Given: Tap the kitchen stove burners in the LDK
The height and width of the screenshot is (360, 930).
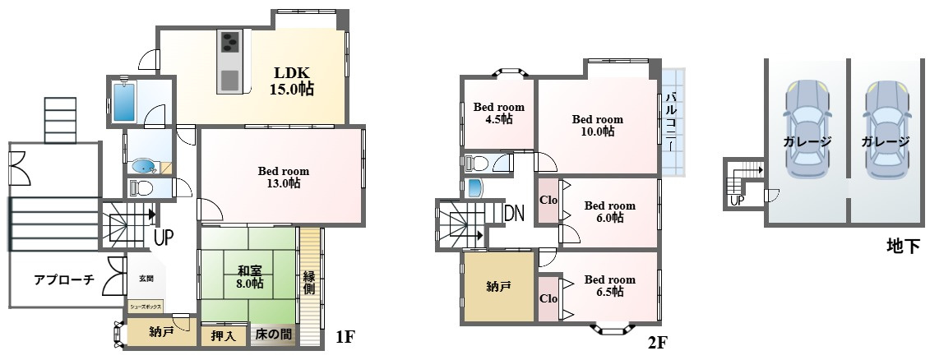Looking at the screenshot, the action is tap(229, 43).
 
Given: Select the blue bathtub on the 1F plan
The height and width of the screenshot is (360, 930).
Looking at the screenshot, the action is tap(124, 101).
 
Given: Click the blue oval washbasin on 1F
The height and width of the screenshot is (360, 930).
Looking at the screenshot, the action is tap(143, 167).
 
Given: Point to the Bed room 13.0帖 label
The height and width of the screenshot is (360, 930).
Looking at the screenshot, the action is tap(283, 177).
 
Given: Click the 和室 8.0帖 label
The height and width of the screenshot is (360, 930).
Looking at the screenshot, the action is tap(248, 276).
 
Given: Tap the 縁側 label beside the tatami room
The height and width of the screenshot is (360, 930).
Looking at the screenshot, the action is tap(309, 284).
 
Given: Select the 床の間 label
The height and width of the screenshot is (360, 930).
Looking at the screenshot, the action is tap(274, 335).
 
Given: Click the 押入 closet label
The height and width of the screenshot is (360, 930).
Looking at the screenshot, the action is tap(224, 335).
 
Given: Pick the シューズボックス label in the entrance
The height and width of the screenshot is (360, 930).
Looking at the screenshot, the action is tap(146, 307).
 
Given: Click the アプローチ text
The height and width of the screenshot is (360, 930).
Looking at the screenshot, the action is tap(64, 280).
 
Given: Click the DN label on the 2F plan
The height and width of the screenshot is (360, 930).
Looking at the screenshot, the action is tap(514, 214).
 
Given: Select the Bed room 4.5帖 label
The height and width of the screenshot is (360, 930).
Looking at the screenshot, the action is tap(498, 113).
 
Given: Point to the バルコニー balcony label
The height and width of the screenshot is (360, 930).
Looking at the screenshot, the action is tap(671, 122).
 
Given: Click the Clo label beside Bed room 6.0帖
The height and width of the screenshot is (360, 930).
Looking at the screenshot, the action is tap(548, 200).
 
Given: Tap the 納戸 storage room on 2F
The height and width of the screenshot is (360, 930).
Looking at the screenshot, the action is tap(499, 287).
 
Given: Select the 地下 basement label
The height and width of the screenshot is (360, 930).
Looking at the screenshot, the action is tap(903, 246).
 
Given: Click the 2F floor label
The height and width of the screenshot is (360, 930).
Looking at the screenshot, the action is tap(658, 342).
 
